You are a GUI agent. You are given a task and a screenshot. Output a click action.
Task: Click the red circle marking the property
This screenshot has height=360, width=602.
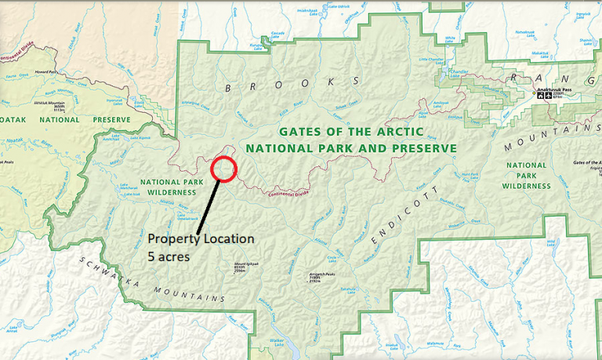coord(223,169)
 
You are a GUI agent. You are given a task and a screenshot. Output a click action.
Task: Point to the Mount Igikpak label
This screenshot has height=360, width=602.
coord(252,265)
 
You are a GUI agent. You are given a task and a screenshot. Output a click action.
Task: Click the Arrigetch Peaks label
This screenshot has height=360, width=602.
coord(311,277)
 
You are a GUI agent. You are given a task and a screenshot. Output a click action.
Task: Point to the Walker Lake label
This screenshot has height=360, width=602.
coord(275,342)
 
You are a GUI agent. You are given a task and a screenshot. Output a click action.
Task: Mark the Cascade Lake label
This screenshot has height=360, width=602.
coord(277,34)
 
